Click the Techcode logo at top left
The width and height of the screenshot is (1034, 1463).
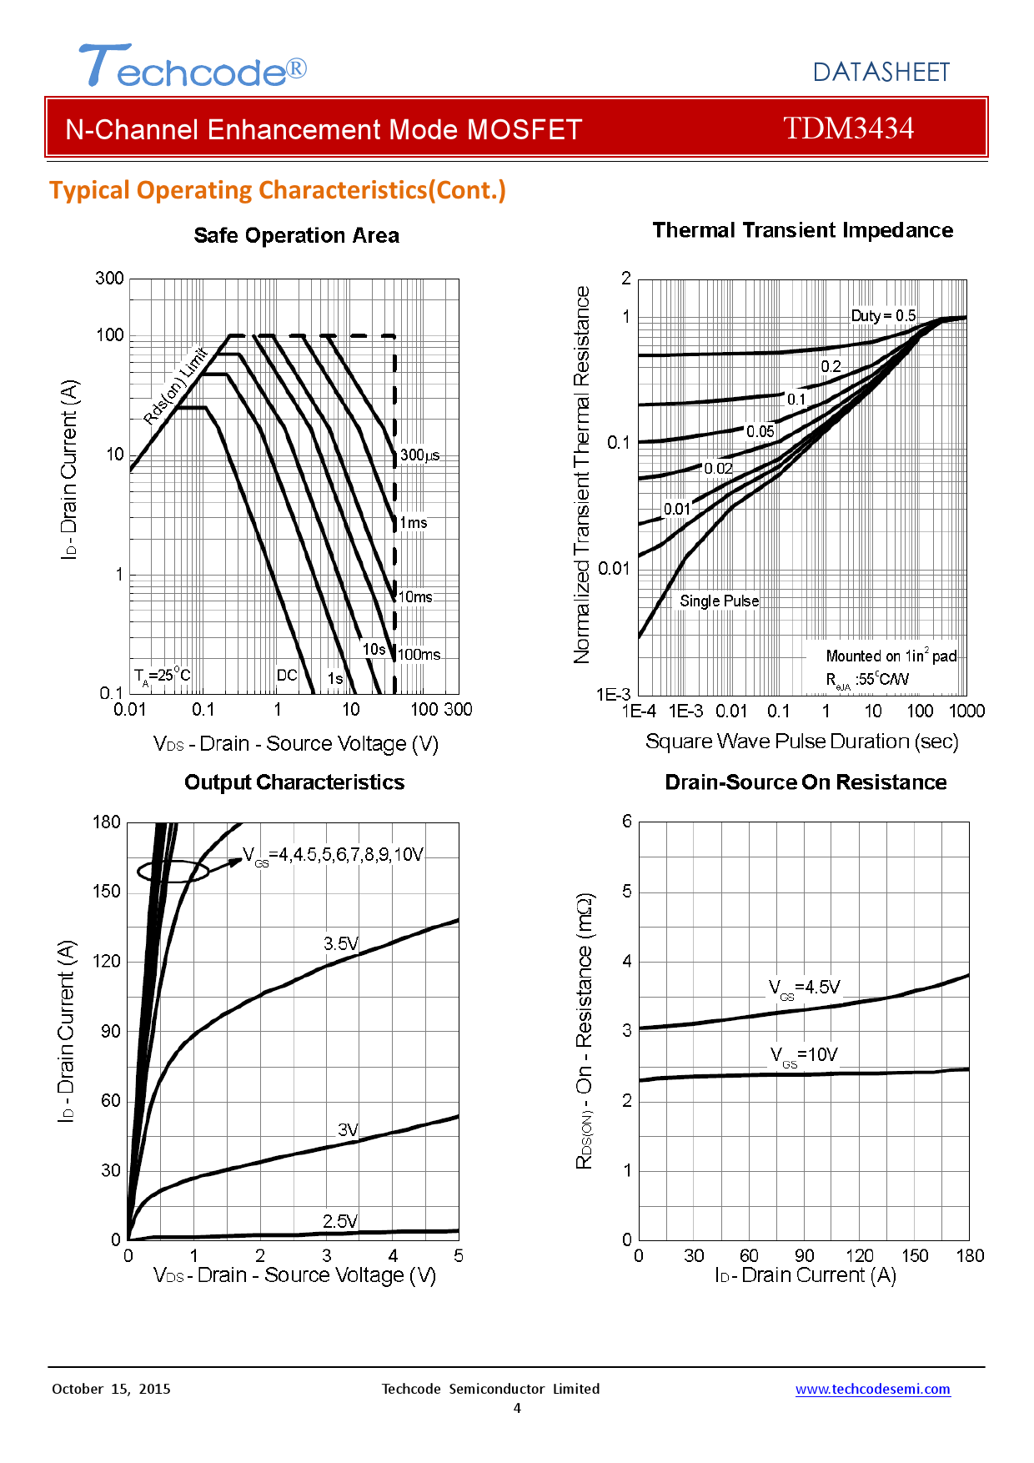point(193,67)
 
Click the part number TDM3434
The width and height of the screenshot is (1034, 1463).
point(848,128)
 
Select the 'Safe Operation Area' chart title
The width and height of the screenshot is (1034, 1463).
point(296,236)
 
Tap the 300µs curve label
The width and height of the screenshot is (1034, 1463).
point(419,455)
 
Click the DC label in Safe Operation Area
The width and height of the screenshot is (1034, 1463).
point(287,675)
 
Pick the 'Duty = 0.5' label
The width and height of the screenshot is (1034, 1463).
point(883,316)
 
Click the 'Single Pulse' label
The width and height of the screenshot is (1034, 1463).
point(719,601)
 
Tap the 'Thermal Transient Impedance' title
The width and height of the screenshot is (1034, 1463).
point(802,230)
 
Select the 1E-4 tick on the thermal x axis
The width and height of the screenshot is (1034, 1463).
point(639,711)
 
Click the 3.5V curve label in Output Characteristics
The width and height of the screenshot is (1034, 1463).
point(341,943)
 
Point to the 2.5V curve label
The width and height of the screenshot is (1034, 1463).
point(340,1221)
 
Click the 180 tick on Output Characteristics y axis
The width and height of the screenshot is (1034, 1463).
point(107,822)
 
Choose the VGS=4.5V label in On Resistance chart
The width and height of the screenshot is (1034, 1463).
point(805,988)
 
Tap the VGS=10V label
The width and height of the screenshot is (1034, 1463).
point(804,1056)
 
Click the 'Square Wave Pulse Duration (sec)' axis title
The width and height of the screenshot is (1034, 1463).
point(801,742)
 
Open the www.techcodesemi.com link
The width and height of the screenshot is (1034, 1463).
point(872,1389)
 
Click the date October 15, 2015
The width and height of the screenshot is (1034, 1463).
point(111,1389)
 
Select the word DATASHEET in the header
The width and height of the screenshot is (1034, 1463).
point(881,73)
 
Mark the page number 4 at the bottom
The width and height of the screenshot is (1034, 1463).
point(517,1409)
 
